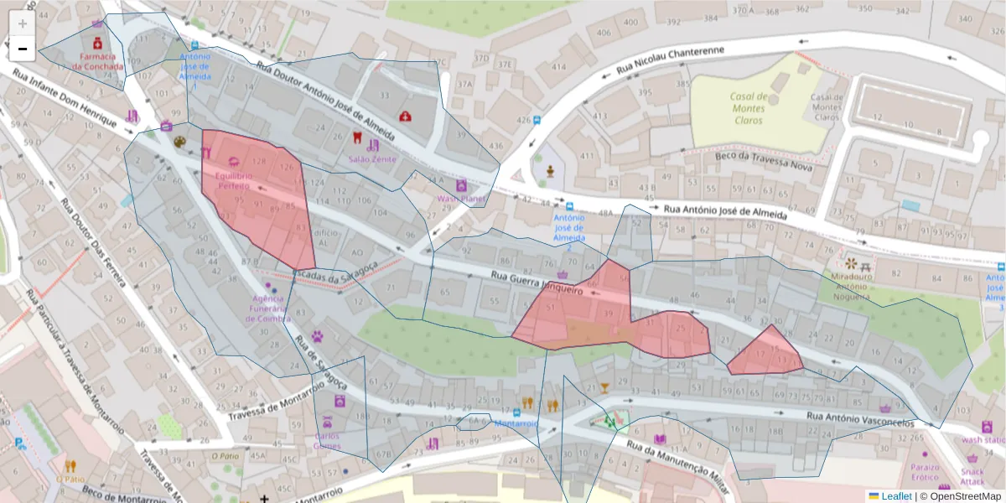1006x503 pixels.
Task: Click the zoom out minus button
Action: tap(23, 49)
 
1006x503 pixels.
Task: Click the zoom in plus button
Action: tap(23, 23)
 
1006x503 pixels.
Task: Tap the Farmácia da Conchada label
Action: tap(97, 61)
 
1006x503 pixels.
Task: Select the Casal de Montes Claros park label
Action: tap(748, 108)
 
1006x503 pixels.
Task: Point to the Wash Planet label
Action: tap(461, 199)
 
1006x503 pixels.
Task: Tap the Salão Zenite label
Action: tap(372, 158)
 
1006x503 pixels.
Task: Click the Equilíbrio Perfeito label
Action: tap(233, 180)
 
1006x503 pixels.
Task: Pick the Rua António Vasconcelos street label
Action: tap(859, 419)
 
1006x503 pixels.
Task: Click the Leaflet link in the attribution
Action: tap(895, 496)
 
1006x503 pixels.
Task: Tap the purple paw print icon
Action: tap(319, 336)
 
